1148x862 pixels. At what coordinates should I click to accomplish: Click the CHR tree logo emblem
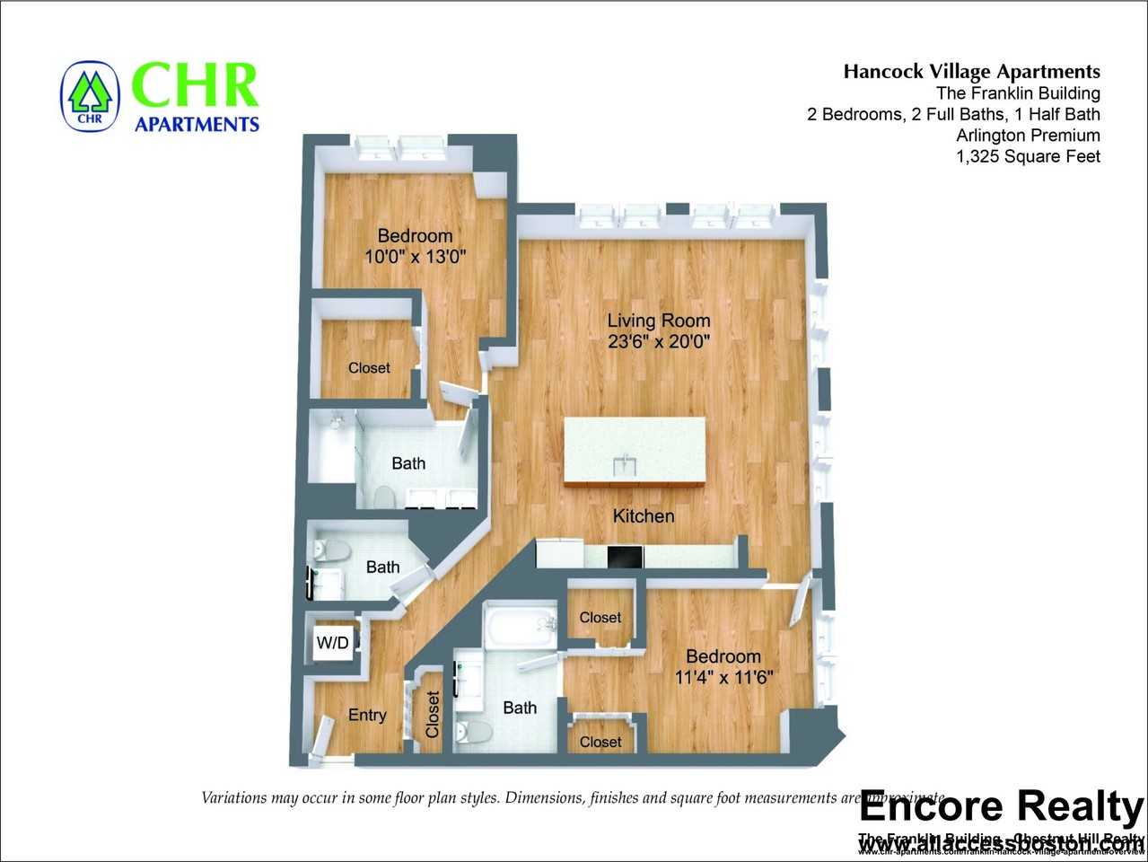click(x=89, y=95)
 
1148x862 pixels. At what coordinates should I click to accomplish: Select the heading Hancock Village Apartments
click(x=971, y=72)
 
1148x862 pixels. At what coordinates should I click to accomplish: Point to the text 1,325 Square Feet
click(x=1028, y=156)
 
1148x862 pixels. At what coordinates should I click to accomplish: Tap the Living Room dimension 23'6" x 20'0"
click(x=658, y=342)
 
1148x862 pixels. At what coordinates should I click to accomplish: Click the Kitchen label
click(x=643, y=516)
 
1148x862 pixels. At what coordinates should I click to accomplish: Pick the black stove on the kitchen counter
click(x=625, y=557)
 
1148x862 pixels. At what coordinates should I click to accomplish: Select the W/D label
click(x=332, y=643)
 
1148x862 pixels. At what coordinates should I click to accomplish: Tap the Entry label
click(x=366, y=715)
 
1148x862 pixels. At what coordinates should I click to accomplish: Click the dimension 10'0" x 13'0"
click(x=415, y=257)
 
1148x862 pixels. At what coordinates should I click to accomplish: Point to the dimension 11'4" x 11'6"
click(x=723, y=677)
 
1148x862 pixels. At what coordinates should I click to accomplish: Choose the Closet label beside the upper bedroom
click(x=369, y=368)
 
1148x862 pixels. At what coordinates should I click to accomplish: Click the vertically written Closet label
click(x=433, y=714)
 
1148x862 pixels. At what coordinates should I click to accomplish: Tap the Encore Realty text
click(x=1000, y=806)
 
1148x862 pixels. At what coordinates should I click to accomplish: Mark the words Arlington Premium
click(x=1028, y=136)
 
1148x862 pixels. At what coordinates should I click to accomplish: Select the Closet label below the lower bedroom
click(x=600, y=742)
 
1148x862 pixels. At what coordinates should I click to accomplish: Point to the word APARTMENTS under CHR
click(x=197, y=124)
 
